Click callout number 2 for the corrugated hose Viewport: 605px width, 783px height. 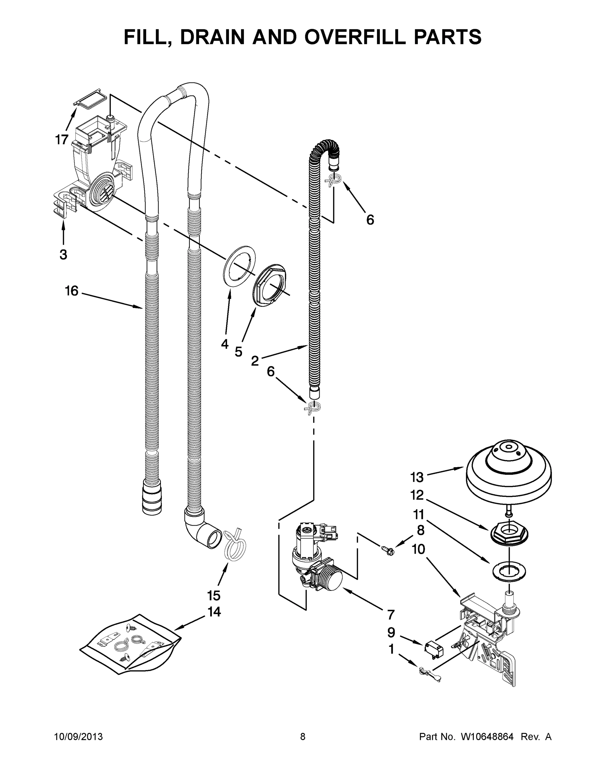click(254, 361)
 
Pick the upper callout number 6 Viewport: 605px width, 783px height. click(370, 220)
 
